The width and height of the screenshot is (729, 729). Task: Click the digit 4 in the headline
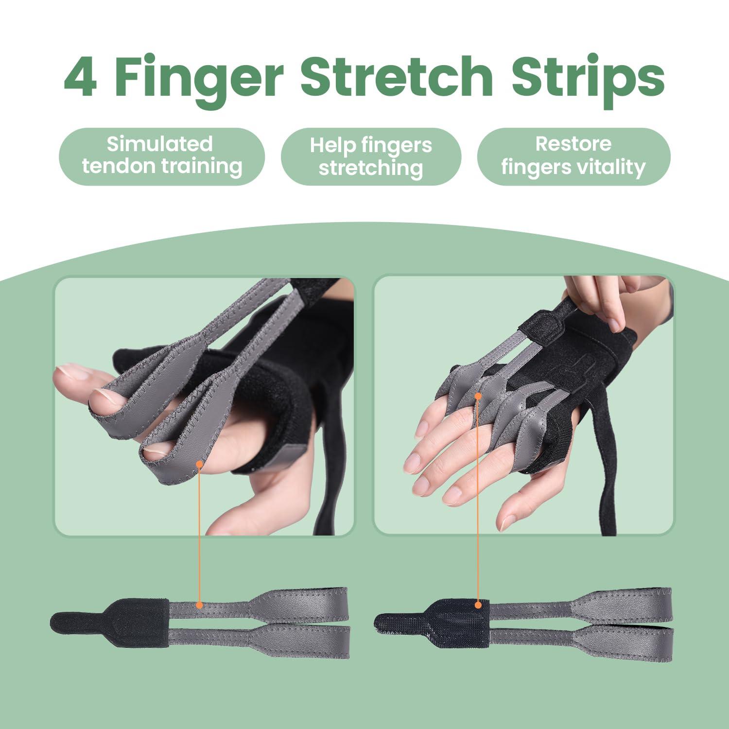81,77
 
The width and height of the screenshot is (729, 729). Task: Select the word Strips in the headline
588,77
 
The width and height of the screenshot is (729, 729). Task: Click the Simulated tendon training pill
161,156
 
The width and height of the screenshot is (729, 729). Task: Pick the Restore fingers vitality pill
573,156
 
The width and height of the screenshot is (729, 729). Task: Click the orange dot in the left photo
199,464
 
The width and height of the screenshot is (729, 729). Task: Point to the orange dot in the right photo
478,396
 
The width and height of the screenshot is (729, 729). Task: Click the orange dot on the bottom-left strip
199,605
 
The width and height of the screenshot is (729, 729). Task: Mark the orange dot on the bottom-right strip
478,605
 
